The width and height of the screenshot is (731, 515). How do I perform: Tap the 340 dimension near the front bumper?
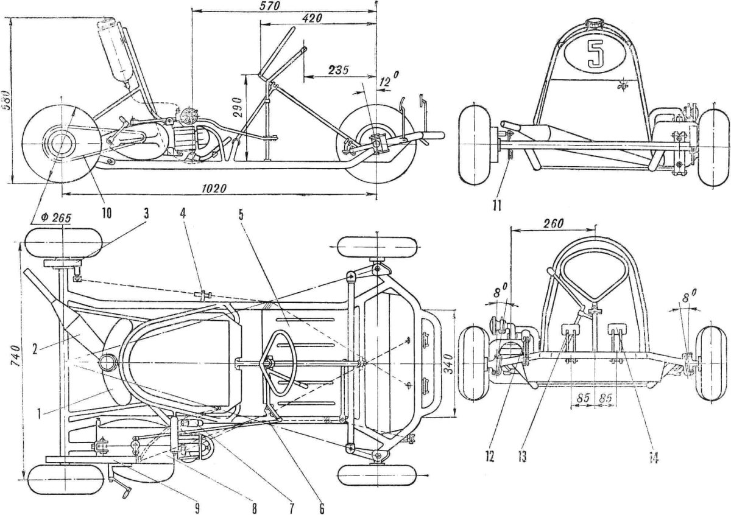pyautogui.click(x=465, y=364)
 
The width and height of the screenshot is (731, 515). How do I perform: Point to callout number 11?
pyautogui.click(x=496, y=205)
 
